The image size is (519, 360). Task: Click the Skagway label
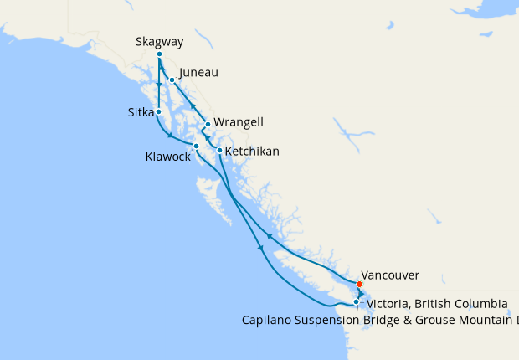(x=159, y=42)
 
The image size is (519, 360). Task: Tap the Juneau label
(x=198, y=73)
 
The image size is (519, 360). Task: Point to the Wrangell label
(x=239, y=122)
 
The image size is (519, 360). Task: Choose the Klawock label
(x=168, y=156)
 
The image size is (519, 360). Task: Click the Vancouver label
(x=391, y=275)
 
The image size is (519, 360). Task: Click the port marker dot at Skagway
(x=159, y=54)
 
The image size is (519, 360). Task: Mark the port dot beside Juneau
(x=172, y=80)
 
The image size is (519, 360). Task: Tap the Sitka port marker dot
(x=158, y=111)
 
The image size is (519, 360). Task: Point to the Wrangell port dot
(x=208, y=124)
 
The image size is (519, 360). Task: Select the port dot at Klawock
(x=196, y=147)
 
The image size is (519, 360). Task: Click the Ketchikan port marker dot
(x=219, y=151)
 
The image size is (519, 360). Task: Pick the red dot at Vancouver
(x=359, y=283)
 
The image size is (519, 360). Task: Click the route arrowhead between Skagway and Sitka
(x=159, y=85)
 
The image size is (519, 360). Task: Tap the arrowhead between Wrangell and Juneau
(x=193, y=106)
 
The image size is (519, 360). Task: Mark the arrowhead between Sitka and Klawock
(x=171, y=136)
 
